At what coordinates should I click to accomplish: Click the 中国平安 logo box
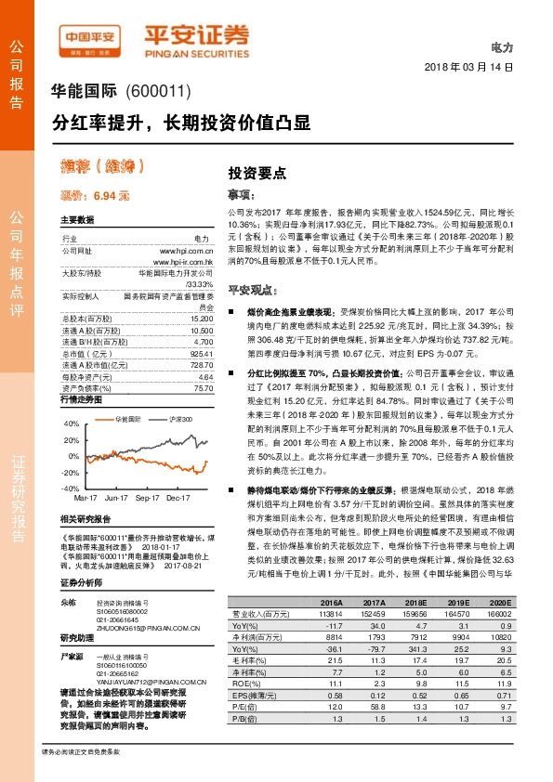point(88,39)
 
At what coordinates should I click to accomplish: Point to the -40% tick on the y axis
point(71,488)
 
